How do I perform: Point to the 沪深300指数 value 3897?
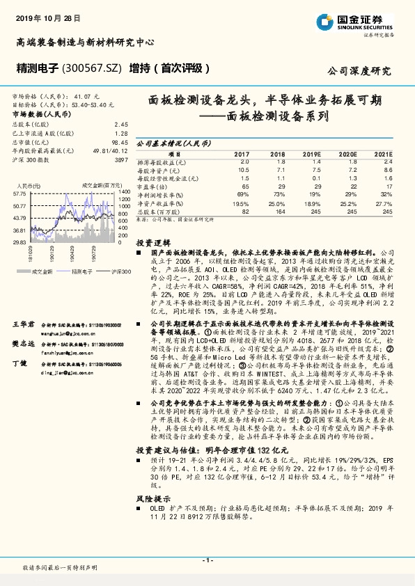(x=121, y=160)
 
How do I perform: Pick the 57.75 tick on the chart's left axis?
(x=19, y=193)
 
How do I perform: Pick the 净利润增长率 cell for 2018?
(x=278, y=196)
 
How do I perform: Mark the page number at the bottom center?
(x=207, y=560)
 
